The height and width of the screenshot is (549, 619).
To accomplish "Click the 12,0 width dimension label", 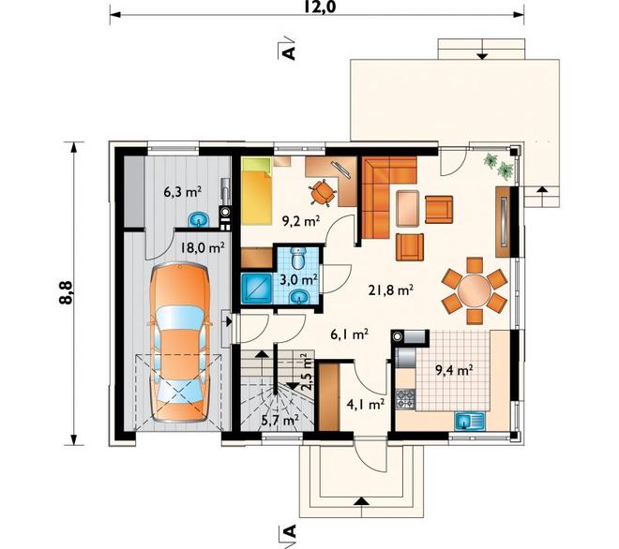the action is point(320,7).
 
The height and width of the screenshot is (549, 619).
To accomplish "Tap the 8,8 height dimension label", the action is point(66,292).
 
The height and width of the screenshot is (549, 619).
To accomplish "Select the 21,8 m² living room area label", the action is point(391,290).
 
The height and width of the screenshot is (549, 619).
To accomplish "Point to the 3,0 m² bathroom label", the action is point(299,280).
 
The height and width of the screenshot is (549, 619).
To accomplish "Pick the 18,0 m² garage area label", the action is point(203,248).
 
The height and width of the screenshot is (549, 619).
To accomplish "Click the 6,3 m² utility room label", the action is point(182,192).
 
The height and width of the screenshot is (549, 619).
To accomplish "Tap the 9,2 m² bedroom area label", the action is point(300,221).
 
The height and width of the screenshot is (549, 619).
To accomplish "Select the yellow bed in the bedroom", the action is point(257,191).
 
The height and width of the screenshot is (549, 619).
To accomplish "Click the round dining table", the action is point(474,290).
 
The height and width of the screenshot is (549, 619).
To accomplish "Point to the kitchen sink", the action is point(471,421).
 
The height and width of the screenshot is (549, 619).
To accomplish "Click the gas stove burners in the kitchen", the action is point(405,398).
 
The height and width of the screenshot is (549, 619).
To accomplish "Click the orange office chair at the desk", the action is point(324,192).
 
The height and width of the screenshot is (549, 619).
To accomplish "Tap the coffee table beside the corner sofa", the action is point(407,208).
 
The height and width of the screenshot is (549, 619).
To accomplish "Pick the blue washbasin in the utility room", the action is point(199,219).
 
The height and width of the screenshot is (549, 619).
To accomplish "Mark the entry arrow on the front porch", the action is point(361,500).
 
